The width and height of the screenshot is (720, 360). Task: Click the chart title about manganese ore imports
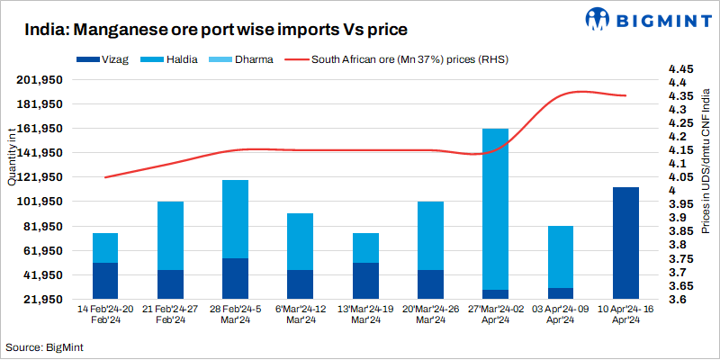pos(204,30)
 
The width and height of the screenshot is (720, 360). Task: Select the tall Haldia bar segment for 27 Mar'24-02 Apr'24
pos(495,209)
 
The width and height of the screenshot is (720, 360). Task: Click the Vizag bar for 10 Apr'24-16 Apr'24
pos(625,242)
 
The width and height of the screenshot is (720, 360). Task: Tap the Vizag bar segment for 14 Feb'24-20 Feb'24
pos(105,280)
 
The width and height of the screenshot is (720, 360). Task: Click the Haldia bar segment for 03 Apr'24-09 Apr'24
pos(560,256)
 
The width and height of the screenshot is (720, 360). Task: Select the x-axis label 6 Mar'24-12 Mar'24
pos(301,314)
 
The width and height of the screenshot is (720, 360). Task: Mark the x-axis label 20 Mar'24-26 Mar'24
pos(430,314)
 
